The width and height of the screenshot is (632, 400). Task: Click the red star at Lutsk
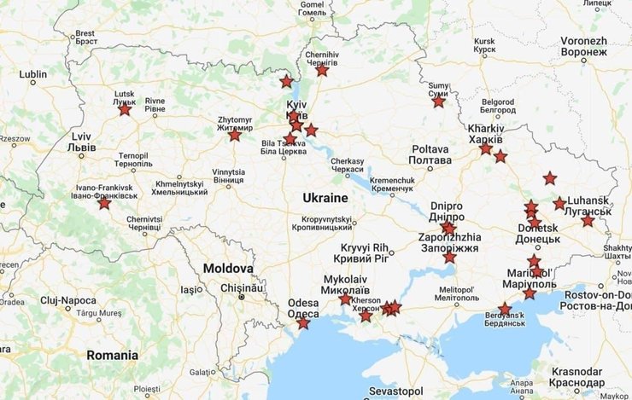tap(125, 109)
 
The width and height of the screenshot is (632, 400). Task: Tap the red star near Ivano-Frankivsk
tap(104, 203)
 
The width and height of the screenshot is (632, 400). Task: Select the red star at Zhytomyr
tap(234, 135)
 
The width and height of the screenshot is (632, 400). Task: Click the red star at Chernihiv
tap(322, 70)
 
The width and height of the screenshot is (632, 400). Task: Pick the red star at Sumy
tap(438, 101)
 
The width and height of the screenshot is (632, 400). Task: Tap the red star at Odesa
tap(303, 322)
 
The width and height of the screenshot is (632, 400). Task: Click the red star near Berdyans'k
tap(505, 310)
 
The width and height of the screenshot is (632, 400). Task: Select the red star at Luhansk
tap(559, 204)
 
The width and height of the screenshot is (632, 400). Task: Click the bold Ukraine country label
tap(326, 197)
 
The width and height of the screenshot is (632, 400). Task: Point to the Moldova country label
tap(228, 269)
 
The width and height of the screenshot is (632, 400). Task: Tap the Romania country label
tap(111, 355)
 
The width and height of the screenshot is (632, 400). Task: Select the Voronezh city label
tap(584, 46)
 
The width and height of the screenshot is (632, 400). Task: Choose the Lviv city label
tap(81, 142)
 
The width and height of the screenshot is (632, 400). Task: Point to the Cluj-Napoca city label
tap(67, 300)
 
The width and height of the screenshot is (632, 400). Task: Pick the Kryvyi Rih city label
tap(363, 252)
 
